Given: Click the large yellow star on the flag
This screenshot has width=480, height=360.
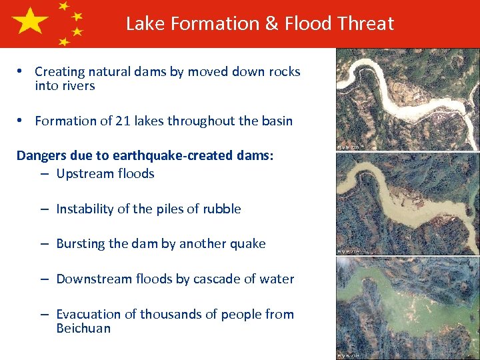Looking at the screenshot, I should click(x=29, y=23).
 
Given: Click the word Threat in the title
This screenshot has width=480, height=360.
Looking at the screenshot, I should click(x=366, y=24).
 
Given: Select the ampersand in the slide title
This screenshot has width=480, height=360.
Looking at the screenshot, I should click(x=271, y=24).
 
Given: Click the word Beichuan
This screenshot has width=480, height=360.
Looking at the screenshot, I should click(x=83, y=328).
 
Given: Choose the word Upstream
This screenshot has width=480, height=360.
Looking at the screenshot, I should click(x=85, y=173).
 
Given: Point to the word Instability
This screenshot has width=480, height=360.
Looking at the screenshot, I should click(x=85, y=209).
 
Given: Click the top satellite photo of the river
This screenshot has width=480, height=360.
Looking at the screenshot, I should click(x=407, y=99).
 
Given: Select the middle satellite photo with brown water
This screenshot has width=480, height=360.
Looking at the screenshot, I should click(x=407, y=203).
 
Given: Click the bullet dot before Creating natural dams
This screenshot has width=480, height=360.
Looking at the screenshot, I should click(x=22, y=71).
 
